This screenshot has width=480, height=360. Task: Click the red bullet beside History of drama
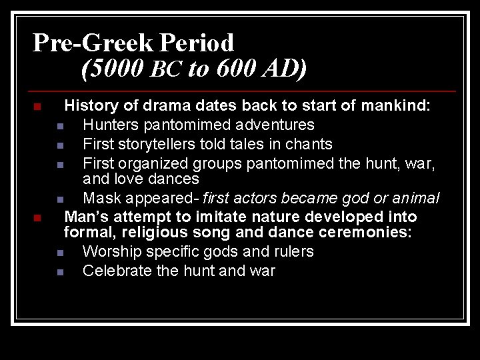pyautogui.click(x=37, y=107)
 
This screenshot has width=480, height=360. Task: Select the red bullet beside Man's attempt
pyautogui.click(x=37, y=218)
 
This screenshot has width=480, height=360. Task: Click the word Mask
pyautogui.click(x=102, y=198)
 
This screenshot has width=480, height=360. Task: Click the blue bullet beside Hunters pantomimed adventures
pyautogui.click(x=60, y=126)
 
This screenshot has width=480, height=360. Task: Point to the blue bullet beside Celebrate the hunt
pyautogui.click(x=60, y=272)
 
